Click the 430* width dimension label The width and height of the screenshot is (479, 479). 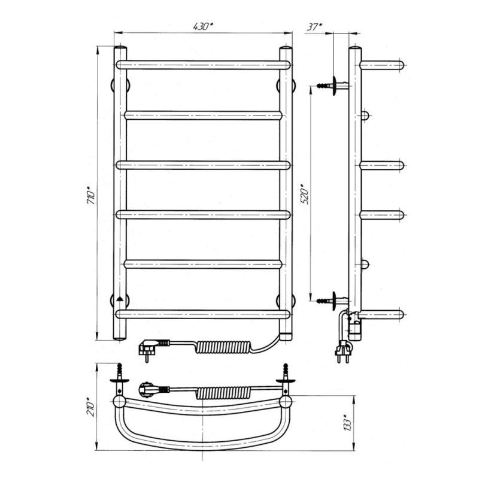pos(202,26)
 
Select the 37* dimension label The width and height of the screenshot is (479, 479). pos(314,26)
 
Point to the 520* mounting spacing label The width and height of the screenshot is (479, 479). pos(305,194)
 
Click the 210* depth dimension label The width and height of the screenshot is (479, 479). pos(91,407)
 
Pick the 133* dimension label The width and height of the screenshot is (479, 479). pos(348,423)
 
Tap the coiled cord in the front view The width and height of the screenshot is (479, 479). pos(222,347)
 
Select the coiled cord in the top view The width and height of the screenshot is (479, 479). pos(223,392)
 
